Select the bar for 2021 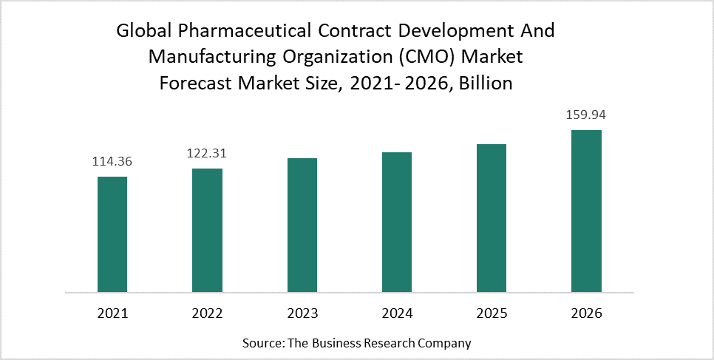(112, 234)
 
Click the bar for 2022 (207, 230)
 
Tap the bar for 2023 (302, 225)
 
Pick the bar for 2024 (397, 222)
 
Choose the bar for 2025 (492, 217)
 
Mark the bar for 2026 (586, 211)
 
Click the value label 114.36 (112, 162)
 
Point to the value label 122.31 (207, 154)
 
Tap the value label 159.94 (586, 115)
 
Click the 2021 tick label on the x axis (112, 313)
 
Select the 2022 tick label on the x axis (207, 313)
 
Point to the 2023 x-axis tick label (302, 313)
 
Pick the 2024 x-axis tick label (397, 313)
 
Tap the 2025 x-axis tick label (492, 313)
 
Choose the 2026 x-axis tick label (586, 313)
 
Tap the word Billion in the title (485, 83)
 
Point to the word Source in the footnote (260, 343)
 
